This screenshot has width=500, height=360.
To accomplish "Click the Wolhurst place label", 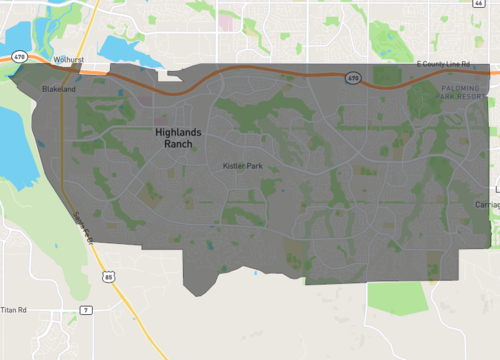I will (68, 60).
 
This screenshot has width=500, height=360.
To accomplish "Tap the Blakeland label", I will (58, 89).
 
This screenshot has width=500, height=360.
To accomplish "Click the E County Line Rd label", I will (442, 64).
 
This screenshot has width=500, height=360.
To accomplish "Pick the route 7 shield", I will (87, 310).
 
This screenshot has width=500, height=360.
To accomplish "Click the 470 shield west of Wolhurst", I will (19, 57).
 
